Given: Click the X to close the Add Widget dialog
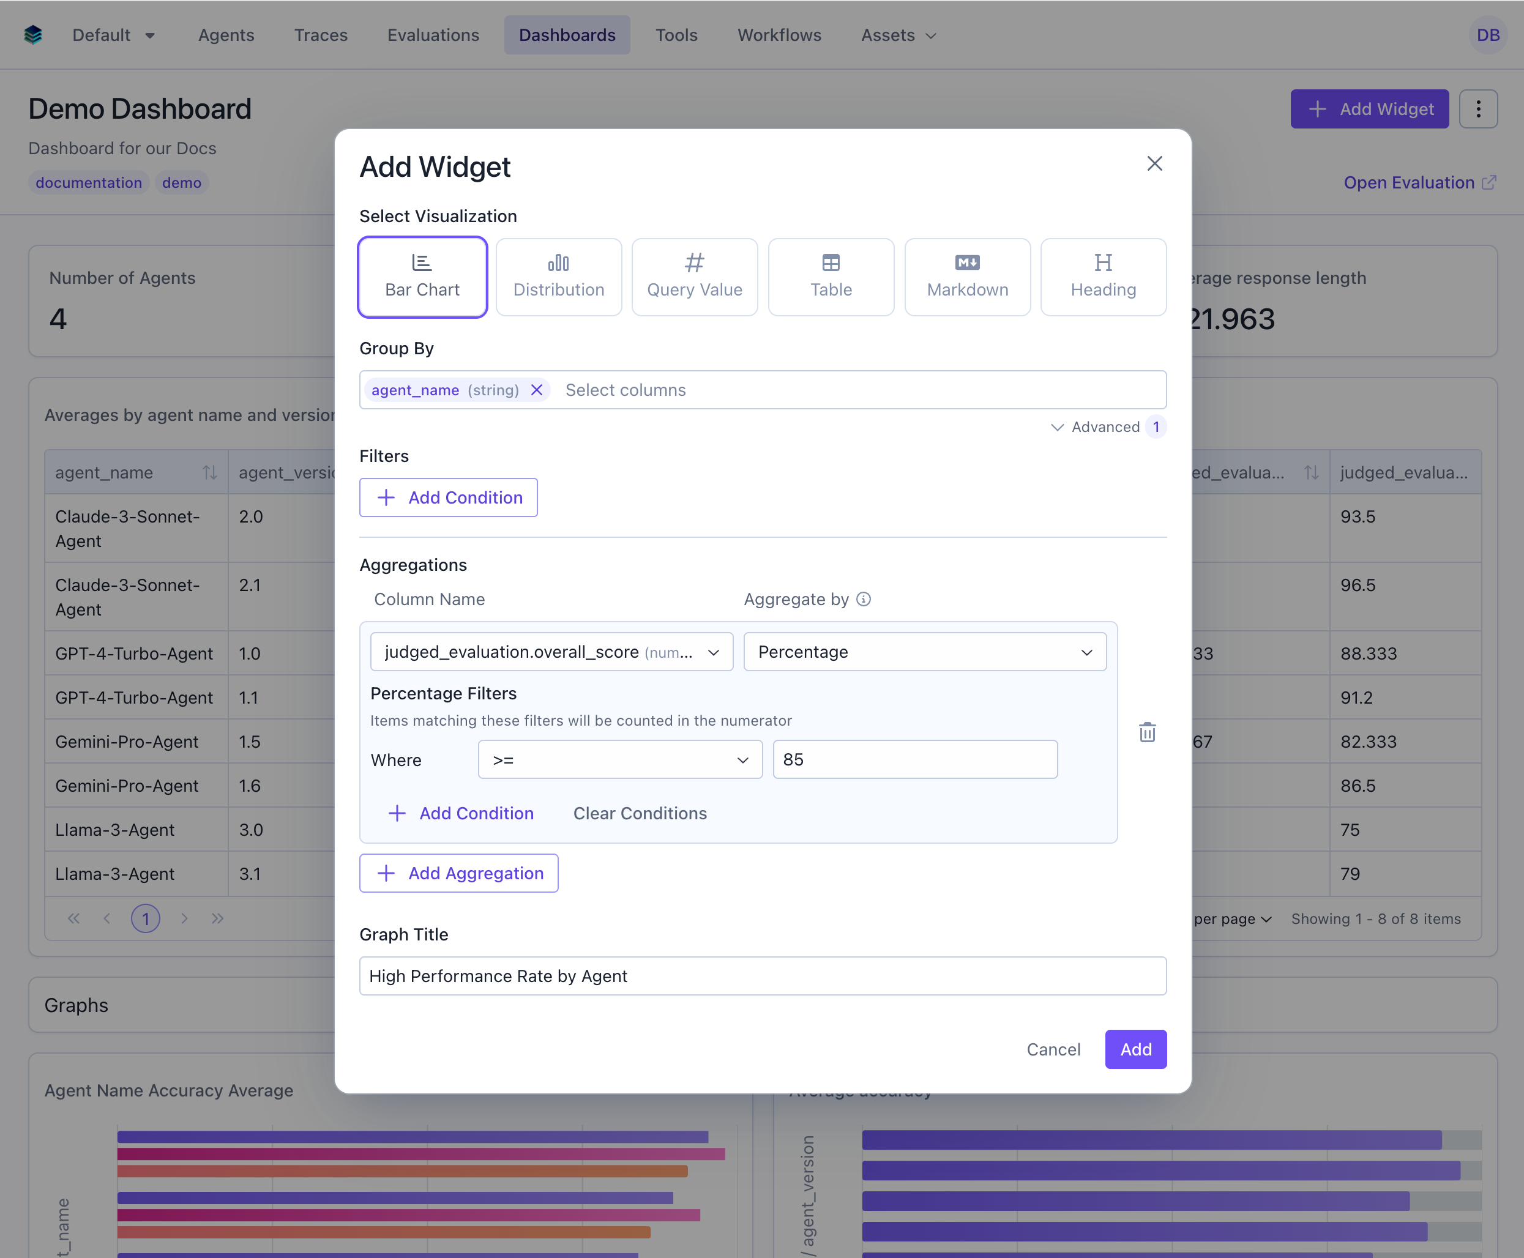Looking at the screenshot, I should tap(1154, 164).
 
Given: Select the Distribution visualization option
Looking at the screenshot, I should tap(558, 277).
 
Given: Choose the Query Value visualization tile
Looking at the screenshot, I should tap(694, 277).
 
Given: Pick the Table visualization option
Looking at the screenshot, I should tap(831, 277).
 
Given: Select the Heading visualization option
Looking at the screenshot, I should tap(1103, 277).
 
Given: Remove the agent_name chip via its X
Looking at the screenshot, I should tap(536, 390).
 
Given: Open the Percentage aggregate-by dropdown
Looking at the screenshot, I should tap(925, 652).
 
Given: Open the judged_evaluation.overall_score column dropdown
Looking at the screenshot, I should tap(551, 652).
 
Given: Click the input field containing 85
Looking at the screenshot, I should tap(914, 759).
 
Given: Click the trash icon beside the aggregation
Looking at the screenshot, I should tap(1147, 732).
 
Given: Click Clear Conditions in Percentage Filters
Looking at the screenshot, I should tap(640, 813).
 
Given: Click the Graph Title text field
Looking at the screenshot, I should tap(763, 976).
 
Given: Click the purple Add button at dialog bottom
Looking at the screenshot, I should tap(1135, 1049).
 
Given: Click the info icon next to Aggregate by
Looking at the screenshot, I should tap(863, 599).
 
